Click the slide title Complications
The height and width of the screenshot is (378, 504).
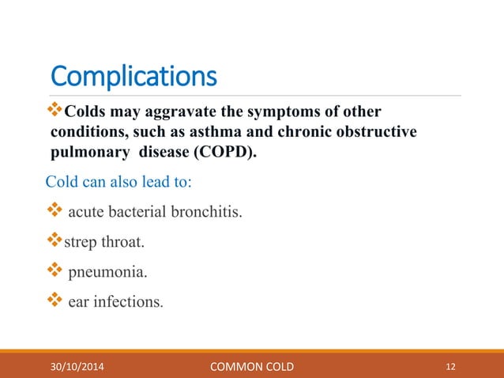click(134, 77)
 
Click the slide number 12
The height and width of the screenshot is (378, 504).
click(451, 366)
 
